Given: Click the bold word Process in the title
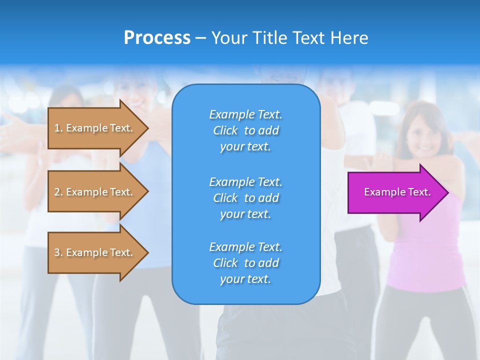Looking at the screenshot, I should tap(157, 38).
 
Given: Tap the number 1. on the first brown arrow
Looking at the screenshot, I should tap(58, 128).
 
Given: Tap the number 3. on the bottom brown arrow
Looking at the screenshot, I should tap(58, 252).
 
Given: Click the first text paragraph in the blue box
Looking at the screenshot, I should tap(245, 130).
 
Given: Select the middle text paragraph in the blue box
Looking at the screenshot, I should tap(245, 198).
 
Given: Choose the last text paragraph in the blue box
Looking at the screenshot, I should tap(245, 263).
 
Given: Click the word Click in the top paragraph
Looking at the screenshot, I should tap(225, 130).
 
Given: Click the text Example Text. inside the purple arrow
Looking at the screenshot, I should tap(397, 192).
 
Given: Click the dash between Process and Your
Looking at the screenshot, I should tap(200, 38).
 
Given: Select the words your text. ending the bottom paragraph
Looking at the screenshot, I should tap(245, 279).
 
